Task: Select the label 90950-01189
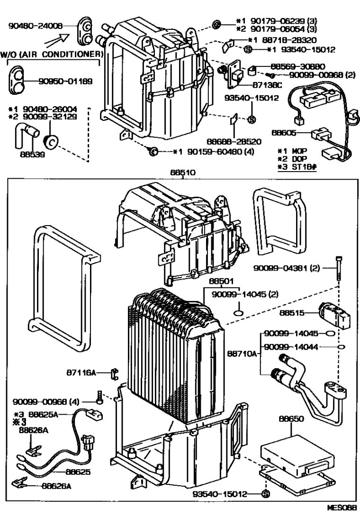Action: click(64, 80)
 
